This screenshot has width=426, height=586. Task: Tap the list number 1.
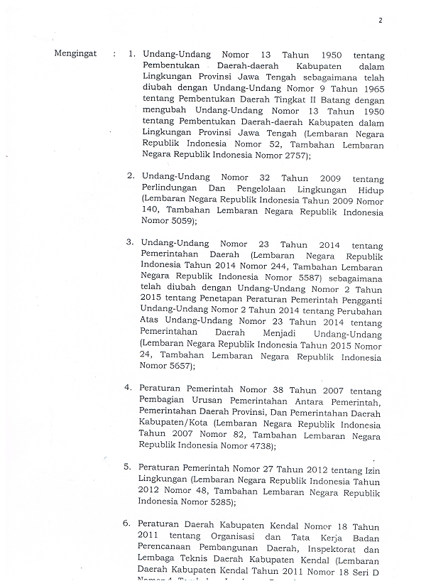pos(131,54)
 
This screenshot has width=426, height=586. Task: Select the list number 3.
pos(131,242)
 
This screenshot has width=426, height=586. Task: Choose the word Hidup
pos(371,190)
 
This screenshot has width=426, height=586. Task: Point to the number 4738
pos(258,445)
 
